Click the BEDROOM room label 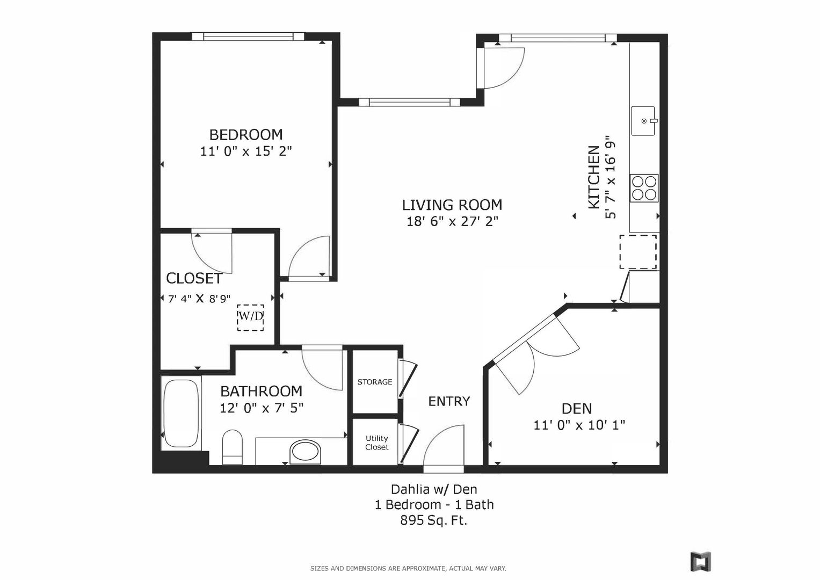(x=246, y=135)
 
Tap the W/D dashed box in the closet (x=250, y=318)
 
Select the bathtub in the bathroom (x=181, y=413)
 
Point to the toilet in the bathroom (x=232, y=447)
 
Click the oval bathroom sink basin (x=305, y=452)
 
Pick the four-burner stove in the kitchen (x=644, y=188)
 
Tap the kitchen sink (x=643, y=121)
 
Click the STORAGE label (x=374, y=382)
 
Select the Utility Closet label (x=376, y=443)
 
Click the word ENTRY (x=449, y=401)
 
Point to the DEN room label (x=577, y=409)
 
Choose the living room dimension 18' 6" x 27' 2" (x=453, y=221)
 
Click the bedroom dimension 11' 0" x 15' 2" (x=246, y=151)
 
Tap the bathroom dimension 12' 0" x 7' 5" (x=262, y=408)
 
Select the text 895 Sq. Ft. (x=434, y=520)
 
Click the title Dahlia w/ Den (x=434, y=489)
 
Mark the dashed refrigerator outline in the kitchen (x=638, y=252)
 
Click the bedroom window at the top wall (x=248, y=37)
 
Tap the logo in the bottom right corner (x=701, y=561)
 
